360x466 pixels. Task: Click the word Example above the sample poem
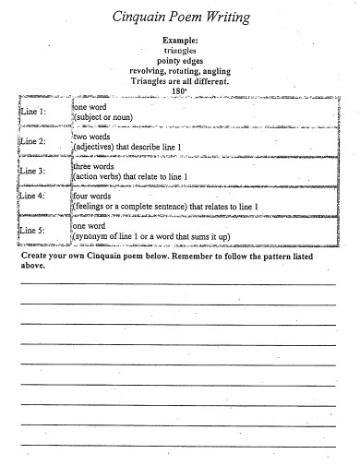(x=180, y=42)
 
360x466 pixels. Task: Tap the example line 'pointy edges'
(x=180, y=61)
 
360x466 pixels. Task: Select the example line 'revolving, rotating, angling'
(x=180, y=71)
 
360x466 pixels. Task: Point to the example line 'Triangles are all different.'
(x=181, y=81)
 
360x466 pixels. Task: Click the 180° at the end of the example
(x=180, y=91)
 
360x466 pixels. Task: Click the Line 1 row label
(x=31, y=112)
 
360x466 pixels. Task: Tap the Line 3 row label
(x=31, y=171)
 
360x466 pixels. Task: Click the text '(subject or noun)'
(x=103, y=117)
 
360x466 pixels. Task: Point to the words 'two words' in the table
(x=91, y=136)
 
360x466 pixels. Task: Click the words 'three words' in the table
(x=94, y=166)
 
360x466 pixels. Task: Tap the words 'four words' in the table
(x=93, y=196)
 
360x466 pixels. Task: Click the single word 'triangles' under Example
(x=180, y=52)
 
